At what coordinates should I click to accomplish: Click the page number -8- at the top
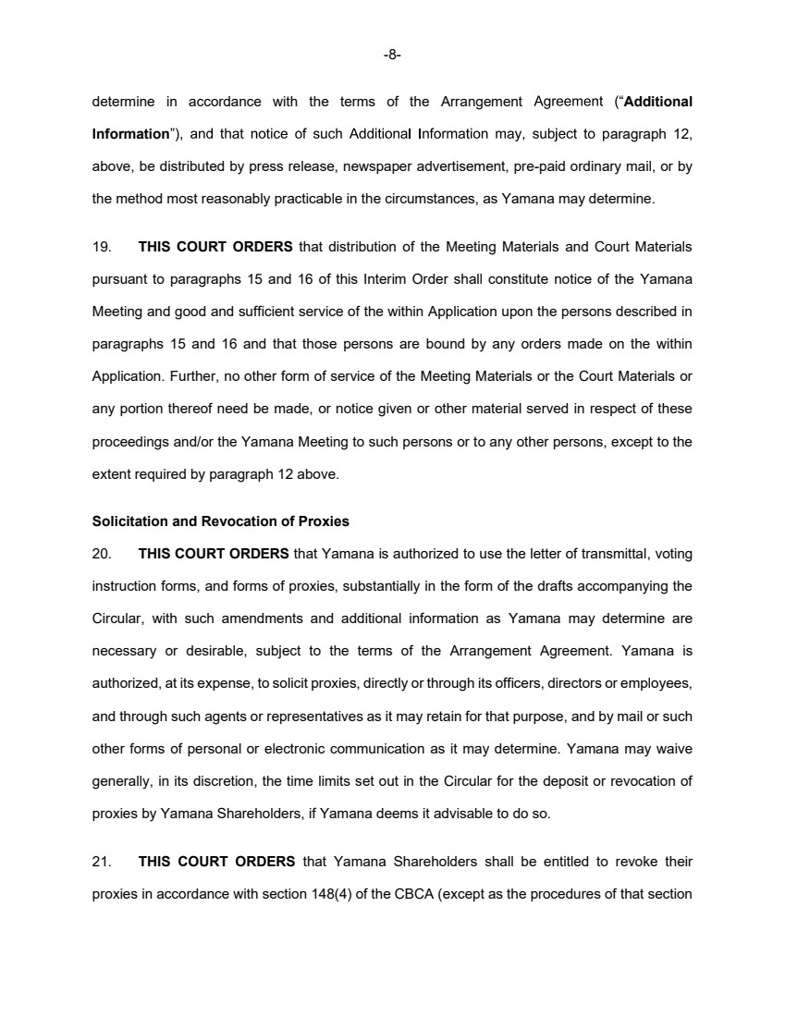392,55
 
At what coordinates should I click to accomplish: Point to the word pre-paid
536,165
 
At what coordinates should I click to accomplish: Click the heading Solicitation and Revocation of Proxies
220,521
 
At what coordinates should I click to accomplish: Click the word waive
674,748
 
